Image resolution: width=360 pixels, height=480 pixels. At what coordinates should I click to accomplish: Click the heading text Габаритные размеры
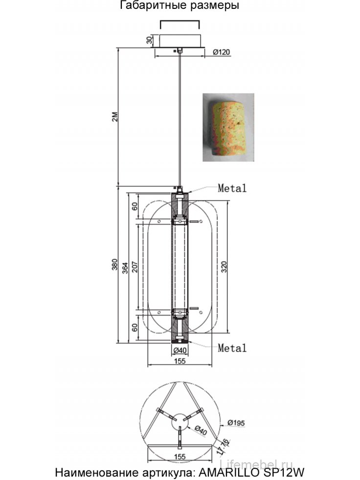point(180,6)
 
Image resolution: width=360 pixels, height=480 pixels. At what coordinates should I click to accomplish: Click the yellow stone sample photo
point(229,127)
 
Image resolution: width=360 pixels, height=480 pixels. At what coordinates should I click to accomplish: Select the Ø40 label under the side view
point(180,350)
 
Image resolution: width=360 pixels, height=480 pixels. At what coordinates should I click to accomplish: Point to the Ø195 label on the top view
point(235,423)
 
